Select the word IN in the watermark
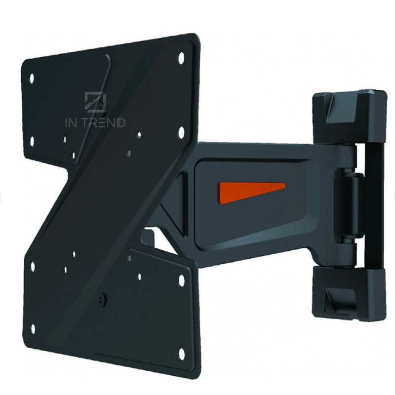pyautogui.click(x=71, y=122)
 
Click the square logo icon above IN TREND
pyautogui.click(x=95, y=101)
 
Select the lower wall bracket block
pyautogui.click(x=349, y=293)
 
